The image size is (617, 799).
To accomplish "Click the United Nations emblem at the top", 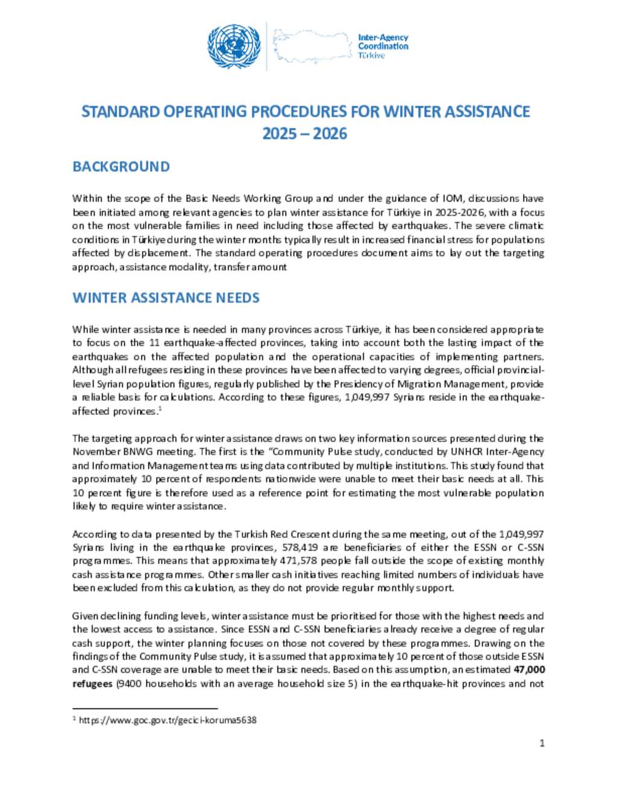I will coord(234,46).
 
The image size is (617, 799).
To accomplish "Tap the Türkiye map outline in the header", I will coord(312,46).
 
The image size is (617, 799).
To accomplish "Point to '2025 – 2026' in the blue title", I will coord(305,133).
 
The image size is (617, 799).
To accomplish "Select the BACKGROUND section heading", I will coord(121,166).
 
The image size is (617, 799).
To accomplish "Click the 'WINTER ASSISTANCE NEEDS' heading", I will coord(166,298).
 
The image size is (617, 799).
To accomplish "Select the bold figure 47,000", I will coord(530,670).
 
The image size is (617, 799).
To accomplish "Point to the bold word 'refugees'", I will coord(92,684).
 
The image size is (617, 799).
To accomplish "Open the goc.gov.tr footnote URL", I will coord(168,720).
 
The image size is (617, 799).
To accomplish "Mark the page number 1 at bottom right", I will coord(542,743).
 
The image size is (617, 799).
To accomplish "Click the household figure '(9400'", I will coord(129,684).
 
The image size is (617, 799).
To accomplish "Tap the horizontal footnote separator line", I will coord(145,709).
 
